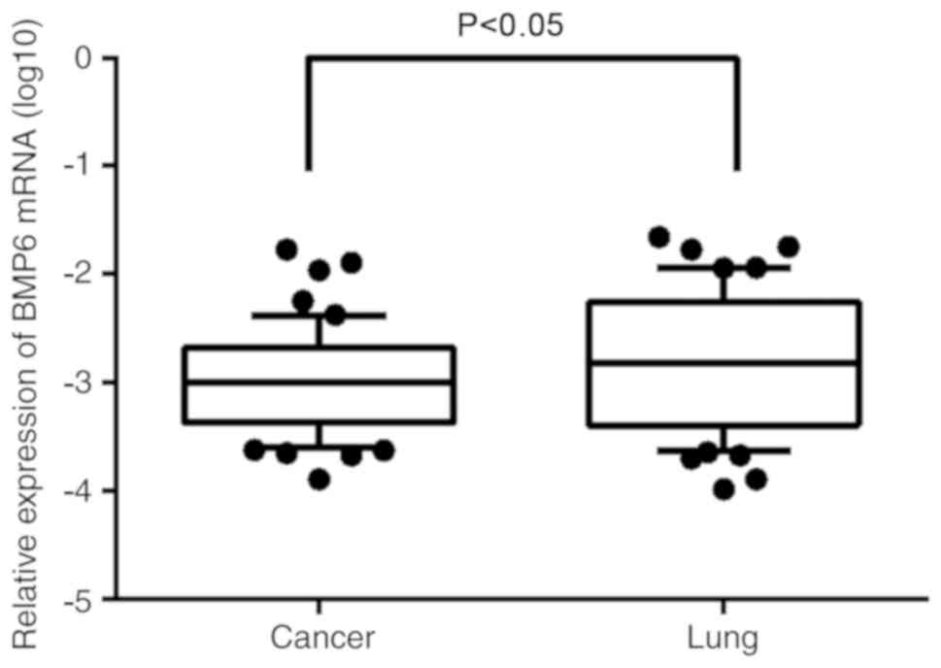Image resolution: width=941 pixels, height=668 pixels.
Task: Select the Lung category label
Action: pos(723,639)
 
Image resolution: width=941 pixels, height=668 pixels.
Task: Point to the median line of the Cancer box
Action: pos(319,382)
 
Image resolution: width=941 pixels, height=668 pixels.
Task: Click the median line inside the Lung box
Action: pos(723,362)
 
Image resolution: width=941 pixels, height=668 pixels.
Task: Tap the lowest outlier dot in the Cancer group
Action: pos(319,479)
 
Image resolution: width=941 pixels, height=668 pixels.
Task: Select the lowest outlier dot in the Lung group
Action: pos(723,490)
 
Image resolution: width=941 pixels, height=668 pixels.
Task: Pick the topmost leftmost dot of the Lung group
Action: pos(659,236)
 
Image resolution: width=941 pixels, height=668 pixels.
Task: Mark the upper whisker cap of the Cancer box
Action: pos(319,315)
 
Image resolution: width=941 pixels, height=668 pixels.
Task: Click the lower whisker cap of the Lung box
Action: pos(723,451)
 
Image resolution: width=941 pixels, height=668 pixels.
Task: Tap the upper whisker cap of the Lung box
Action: pos(723,266)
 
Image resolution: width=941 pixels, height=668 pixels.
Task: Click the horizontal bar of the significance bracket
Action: pos(522,57)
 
